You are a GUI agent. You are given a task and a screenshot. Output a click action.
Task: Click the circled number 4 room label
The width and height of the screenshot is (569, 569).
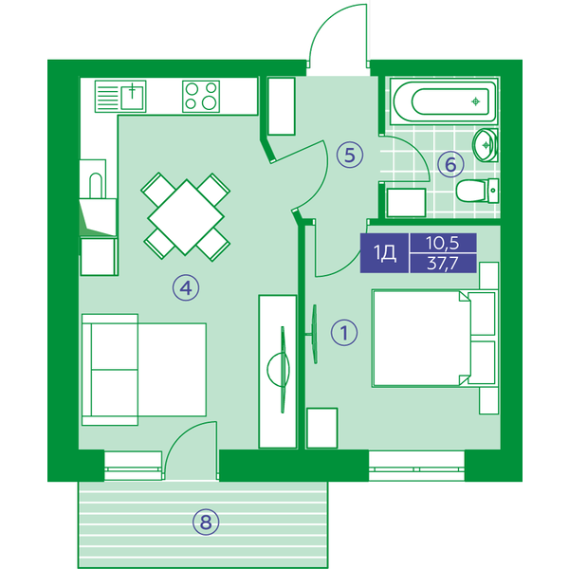coord(186,288)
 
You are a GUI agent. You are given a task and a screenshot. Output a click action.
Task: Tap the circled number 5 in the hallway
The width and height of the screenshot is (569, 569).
coord(350,155)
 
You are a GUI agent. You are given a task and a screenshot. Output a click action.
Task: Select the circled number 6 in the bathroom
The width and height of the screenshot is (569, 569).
coord(450,164)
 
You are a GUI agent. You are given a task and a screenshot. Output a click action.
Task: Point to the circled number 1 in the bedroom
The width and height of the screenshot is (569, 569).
coord(344,333)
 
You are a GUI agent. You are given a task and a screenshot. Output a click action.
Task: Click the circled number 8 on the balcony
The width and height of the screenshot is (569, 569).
coord(206,523)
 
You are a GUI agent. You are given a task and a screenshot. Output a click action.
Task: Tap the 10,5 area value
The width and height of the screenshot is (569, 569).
coord(442,243)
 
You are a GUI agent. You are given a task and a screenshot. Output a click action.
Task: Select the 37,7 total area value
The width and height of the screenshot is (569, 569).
coord(442,263)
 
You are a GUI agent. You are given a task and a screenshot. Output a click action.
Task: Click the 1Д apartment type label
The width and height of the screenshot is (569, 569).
coord(385,252)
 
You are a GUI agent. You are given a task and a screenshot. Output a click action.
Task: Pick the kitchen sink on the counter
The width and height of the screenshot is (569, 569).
coord(120,96)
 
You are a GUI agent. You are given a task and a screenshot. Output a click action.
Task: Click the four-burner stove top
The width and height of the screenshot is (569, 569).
coord(201,96)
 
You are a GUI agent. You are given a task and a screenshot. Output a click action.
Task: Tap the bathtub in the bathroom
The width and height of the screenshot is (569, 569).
coord(444,101)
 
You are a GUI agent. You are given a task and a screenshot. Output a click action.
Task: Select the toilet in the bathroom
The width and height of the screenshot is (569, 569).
coord(477,191)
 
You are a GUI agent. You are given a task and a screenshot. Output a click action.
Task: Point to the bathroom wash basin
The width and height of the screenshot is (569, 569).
coord(485,145)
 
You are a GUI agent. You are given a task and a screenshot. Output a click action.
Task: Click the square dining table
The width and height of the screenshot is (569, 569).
coord(186,217)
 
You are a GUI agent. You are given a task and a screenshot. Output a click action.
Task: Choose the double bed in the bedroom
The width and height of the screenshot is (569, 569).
coord(434,339)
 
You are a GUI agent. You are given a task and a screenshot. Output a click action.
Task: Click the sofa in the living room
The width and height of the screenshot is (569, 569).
coord(144,370)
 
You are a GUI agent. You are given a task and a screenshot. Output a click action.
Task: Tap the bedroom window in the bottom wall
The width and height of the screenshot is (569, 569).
coord(416,466)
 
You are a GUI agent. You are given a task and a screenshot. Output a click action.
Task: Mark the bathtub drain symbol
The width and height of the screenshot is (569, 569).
coord(475,101)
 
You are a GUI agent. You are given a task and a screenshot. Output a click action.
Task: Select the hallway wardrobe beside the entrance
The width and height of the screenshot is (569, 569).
coord(282,106)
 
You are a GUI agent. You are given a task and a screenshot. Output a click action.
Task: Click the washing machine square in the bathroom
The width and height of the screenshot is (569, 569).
coord(406,202)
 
